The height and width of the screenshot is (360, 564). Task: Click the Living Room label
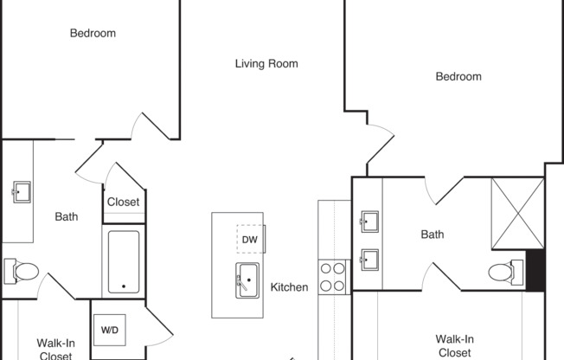click(266, 64)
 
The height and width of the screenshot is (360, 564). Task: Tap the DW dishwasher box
click(251, 239)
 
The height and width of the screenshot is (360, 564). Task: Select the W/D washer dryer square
click(110, 330)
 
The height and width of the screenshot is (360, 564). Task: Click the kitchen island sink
click(247, 280)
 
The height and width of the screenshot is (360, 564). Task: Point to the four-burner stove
click(332, 277)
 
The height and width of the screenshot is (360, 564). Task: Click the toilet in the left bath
click(22, 271)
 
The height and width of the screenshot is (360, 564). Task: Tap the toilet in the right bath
click(506, 272)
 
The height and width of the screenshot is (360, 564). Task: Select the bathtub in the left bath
click(124, 261)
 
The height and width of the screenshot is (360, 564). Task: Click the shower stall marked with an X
click(517, 213)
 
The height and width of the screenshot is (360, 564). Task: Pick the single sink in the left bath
click(22, 192)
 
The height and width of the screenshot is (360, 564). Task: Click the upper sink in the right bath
click(369, 222)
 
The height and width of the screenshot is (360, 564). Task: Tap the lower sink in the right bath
click(369, 260)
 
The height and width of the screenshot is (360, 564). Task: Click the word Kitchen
click(289, 287)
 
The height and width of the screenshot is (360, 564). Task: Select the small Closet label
click(124, 202)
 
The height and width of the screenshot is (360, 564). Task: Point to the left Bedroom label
click(93, 34)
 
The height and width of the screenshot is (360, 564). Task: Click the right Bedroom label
click(458, 77)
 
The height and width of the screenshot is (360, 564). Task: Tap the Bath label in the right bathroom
click(433, 235)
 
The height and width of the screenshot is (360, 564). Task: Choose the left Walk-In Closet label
click(55, 350)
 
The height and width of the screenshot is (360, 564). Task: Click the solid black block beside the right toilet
click(535, 270)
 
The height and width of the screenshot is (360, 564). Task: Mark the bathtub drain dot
click(124, 286)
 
